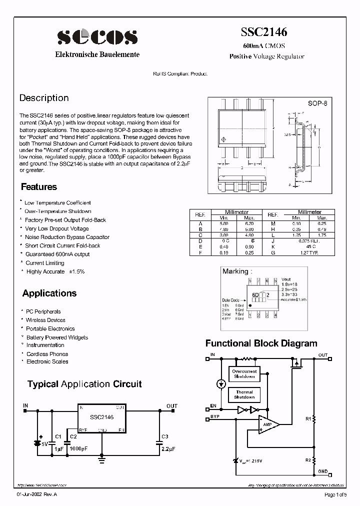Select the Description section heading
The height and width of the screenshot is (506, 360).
[44, 98]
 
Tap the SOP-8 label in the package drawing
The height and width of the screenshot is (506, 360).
[317, 103]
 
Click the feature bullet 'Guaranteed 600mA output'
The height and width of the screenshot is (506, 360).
[57, 254]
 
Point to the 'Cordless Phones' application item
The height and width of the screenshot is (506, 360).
[47, 354]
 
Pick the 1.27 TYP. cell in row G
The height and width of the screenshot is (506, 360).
[309, 253]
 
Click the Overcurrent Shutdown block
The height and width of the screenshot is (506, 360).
[244, 374]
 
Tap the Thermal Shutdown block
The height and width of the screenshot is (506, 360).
[244, 395]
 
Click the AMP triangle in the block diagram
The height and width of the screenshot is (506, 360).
[267, 424]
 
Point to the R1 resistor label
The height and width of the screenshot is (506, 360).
[308, 418]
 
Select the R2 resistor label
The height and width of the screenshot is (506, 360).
[308, 459]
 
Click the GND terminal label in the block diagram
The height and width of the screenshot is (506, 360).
[323, 471]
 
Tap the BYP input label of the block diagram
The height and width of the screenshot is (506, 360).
[215, 416]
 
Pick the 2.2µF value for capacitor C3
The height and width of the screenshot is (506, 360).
[168, 448]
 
